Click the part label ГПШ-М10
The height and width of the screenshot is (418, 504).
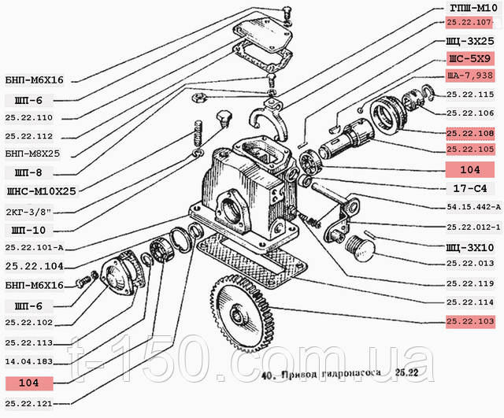(x=473, y=9)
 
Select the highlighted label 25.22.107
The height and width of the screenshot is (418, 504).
(x=469, y=23)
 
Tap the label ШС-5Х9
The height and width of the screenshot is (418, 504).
(x=469, y=58)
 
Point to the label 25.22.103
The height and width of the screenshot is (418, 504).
(x=470, y=321)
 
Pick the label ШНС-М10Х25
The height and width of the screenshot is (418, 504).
(x=42, y=191)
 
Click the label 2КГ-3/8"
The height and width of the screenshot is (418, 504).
(x=29, y=212)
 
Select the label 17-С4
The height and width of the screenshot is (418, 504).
(x=470, y=189)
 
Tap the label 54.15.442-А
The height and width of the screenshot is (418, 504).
(x=473, y=207)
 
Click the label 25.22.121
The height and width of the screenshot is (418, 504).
(x=28, y=404)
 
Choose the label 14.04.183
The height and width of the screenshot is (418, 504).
(x=28, y=362)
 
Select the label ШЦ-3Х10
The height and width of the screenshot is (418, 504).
(x=470, y=248)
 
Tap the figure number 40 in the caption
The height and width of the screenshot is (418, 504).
(x=266, y=375)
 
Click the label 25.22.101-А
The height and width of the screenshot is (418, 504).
(x=34, y=248)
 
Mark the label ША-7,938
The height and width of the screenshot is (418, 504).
(x=469, y=76)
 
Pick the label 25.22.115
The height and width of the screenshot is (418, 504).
(x=470, y=94)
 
